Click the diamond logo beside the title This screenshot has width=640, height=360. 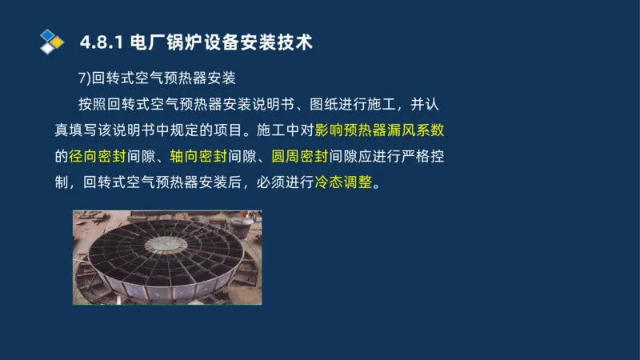pos(52,40)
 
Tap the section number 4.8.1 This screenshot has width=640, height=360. pos(102,41)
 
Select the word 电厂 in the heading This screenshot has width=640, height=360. pos(146,41)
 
